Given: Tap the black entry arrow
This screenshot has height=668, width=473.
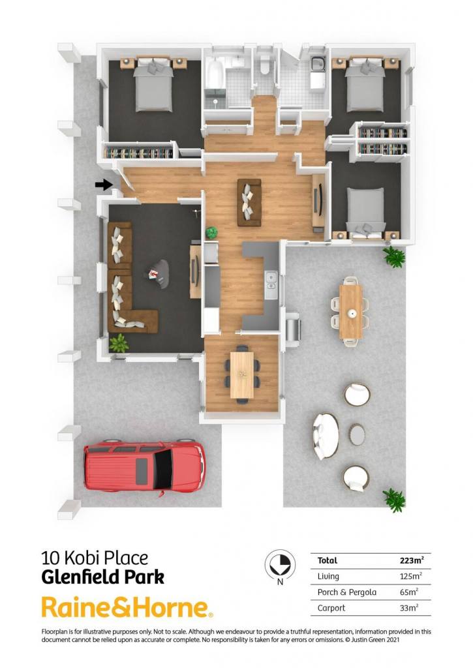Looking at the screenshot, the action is coord(104,185).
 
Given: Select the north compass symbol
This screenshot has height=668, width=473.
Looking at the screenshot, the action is coord(280,564).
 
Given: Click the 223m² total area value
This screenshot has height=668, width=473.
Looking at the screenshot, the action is coord(412,560).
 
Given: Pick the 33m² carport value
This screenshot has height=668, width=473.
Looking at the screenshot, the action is coord(408,608).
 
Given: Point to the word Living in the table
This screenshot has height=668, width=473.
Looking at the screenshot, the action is coord(328,577).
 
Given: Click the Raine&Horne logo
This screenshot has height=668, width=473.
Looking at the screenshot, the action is coord(127,607).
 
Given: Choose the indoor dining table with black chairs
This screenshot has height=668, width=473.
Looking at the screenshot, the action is coord(241,375).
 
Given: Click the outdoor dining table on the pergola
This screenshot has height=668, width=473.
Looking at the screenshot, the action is coord(351,312).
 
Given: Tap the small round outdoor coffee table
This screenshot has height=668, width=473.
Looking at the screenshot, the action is coord(357,434).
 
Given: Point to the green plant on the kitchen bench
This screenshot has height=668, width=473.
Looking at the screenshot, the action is coord(212,232).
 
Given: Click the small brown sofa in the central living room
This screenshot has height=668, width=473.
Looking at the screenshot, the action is coord(249,202).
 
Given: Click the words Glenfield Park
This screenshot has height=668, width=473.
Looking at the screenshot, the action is coord(102,577).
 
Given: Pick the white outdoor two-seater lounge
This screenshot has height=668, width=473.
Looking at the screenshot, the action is coord(326,436).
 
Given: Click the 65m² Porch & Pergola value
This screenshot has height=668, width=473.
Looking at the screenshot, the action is coord(408,592).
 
